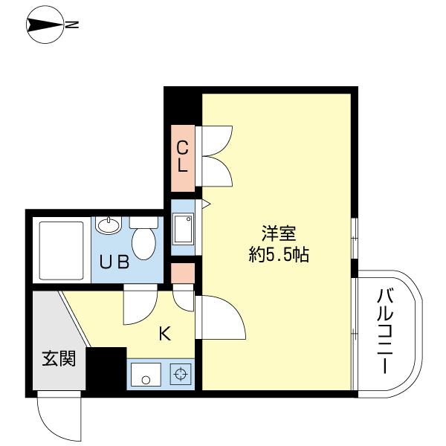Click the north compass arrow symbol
coord(45,25)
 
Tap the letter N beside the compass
coord(72,25)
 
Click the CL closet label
coord(182,157)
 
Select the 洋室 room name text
coord(279,233)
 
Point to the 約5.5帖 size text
coord(279,254)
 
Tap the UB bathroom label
coord(114,262)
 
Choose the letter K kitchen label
coord(165,334)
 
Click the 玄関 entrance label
coord(59,358)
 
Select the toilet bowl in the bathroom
coord(143,239)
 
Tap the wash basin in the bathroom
coord(109,225)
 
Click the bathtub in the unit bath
coord(61,251)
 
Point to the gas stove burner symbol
coord(181,374)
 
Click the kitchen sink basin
coord(146,375)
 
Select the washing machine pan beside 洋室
coord(183,229)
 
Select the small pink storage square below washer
coord(183,273)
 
